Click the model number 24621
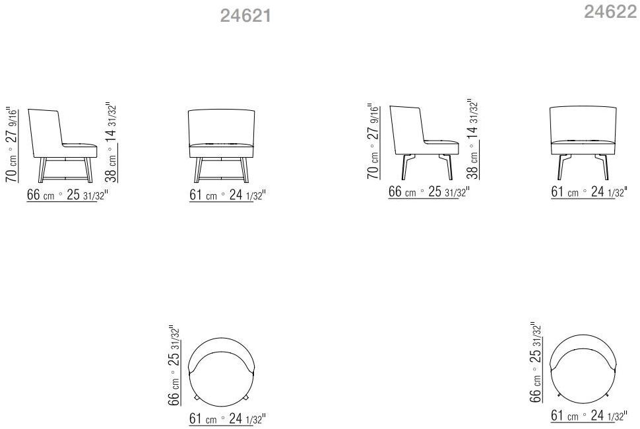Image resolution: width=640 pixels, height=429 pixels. [x=245, y=16]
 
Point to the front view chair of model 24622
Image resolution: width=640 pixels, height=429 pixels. [x=584, y=141]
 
